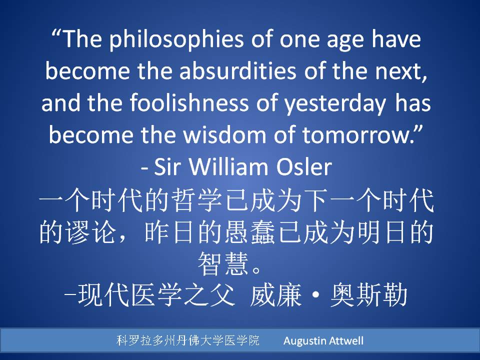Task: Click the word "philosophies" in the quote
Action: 176,40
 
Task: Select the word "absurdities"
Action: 237,70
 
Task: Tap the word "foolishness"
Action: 189,102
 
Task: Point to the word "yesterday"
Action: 335,104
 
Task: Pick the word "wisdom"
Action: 224,134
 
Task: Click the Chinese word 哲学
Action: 196,200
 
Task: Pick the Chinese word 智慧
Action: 223,263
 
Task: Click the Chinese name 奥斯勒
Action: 369,295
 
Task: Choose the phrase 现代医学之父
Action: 156,295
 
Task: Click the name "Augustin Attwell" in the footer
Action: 323,340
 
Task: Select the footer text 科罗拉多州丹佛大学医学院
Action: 188,340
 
